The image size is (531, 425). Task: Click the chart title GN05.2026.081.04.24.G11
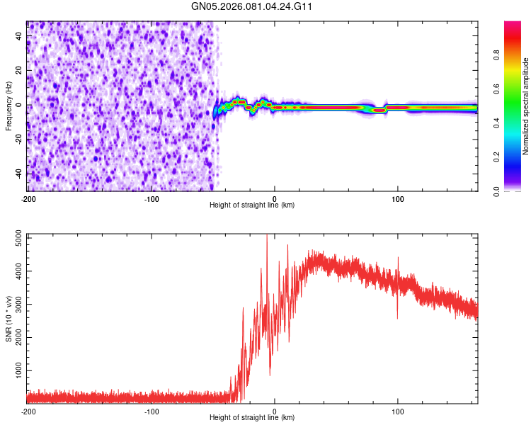pos(253,6)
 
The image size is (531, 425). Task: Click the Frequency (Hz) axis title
pos(9,106)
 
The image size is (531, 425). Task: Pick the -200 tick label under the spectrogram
pos(28,198)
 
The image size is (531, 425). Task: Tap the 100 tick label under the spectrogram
pos(398,198)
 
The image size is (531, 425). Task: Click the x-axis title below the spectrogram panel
pos(252,205)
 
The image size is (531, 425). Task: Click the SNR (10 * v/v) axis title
pos(9,318)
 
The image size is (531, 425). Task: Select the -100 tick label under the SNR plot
pos(151,411)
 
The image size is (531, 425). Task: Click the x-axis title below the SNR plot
pos(252,417)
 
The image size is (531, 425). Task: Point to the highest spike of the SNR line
pos(266,236)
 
